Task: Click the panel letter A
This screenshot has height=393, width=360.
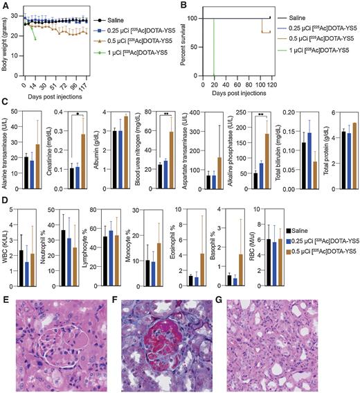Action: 5,5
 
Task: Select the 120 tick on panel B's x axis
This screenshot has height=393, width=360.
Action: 272,86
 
